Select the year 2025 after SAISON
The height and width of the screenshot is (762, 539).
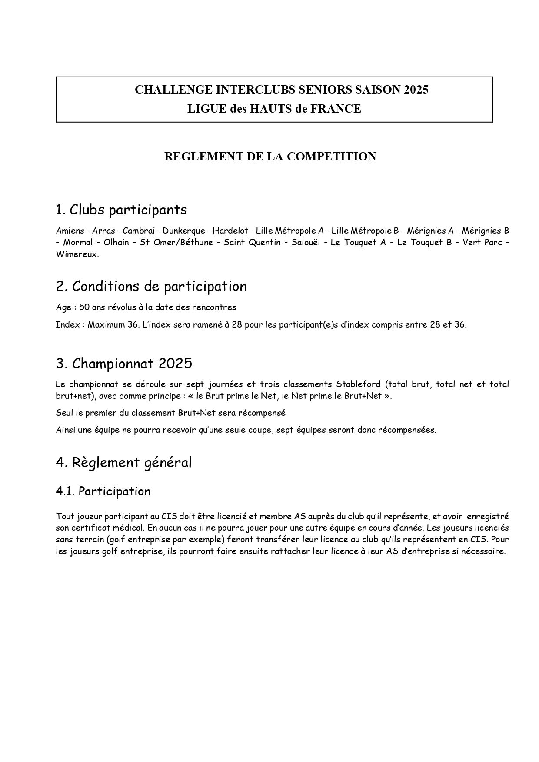[416, 90]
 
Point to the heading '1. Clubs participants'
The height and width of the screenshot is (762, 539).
[121, 210]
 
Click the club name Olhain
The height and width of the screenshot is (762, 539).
[116, 242]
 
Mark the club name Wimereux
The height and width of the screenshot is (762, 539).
[77, 254]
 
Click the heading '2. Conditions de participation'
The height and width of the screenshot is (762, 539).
[151, 286]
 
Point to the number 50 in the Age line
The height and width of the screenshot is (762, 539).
[84, 307]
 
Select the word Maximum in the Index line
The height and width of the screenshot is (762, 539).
[106, 324]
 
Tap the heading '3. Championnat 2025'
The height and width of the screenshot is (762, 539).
[124, 363]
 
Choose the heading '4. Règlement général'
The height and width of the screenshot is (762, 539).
[123, 462]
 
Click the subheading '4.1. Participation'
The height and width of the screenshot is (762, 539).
[103, 491]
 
